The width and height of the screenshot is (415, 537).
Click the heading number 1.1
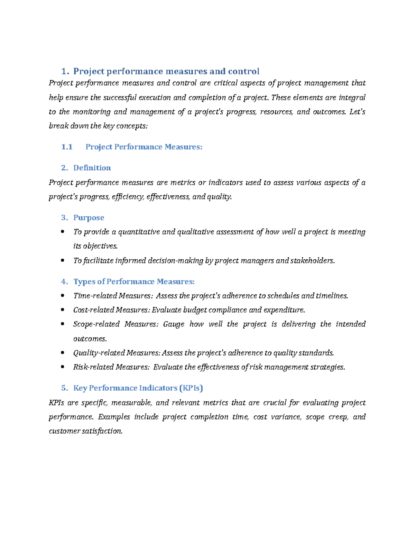67,147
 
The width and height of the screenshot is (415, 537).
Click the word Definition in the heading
92,168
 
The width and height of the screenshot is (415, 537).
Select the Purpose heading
89,217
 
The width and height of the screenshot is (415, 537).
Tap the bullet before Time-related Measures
63,296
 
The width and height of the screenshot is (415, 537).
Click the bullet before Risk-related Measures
63,367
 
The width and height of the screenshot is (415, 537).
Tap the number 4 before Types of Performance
64,281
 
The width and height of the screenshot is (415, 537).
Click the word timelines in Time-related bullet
332,296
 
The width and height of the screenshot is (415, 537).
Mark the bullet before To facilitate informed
63,261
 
